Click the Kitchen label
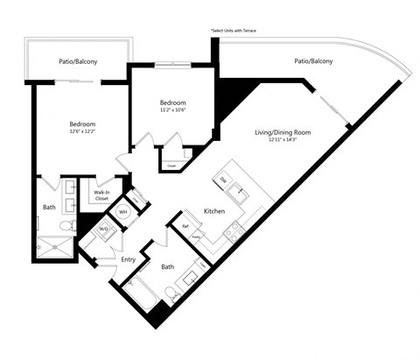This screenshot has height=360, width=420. coord(216,212)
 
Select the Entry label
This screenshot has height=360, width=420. coord(129,259)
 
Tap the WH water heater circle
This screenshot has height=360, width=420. coord(123,212)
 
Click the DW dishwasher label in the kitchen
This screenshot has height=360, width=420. coord(222,179)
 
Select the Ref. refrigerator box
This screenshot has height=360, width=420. coord(185,226)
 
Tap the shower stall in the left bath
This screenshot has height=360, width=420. coord(56,247)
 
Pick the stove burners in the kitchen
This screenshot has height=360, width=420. coord(233,231)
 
